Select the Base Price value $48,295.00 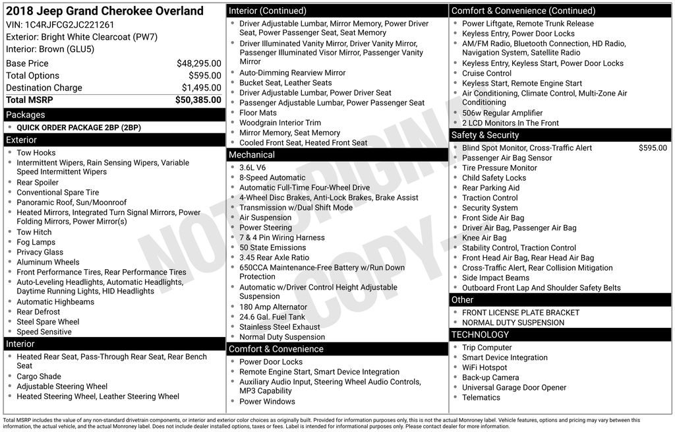tap(198, 64)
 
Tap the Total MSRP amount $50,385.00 tap(198, 100)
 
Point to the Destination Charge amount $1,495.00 tap(201, 88)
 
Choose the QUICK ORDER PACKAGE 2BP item tap(78, 128)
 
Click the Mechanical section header tap(251, 155)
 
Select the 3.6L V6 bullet tap(252, 168)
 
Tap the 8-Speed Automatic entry tap(272, 177)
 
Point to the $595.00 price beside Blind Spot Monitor tap(652, 148)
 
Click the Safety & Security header tap(485, 135)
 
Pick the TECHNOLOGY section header tap(481, 335)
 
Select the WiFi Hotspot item tap(484, 367)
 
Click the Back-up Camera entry tap(490, 377)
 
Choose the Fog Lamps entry tap(36, 242)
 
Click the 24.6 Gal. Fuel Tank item tap(272, 317)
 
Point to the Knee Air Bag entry tap(484, 237)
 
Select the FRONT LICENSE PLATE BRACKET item tap(521, 313)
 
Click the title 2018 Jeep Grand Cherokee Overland tap(105, 11)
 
